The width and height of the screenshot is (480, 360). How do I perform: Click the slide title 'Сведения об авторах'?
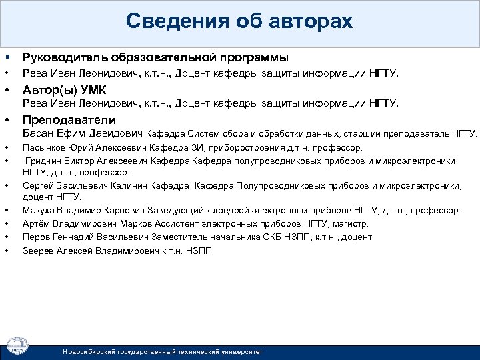pos(239,22)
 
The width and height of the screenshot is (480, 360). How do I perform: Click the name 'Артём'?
pos(36,223)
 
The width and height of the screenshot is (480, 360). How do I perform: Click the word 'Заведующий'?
pos(177,211)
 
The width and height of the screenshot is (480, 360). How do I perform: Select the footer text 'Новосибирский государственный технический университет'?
pos(163,351)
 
